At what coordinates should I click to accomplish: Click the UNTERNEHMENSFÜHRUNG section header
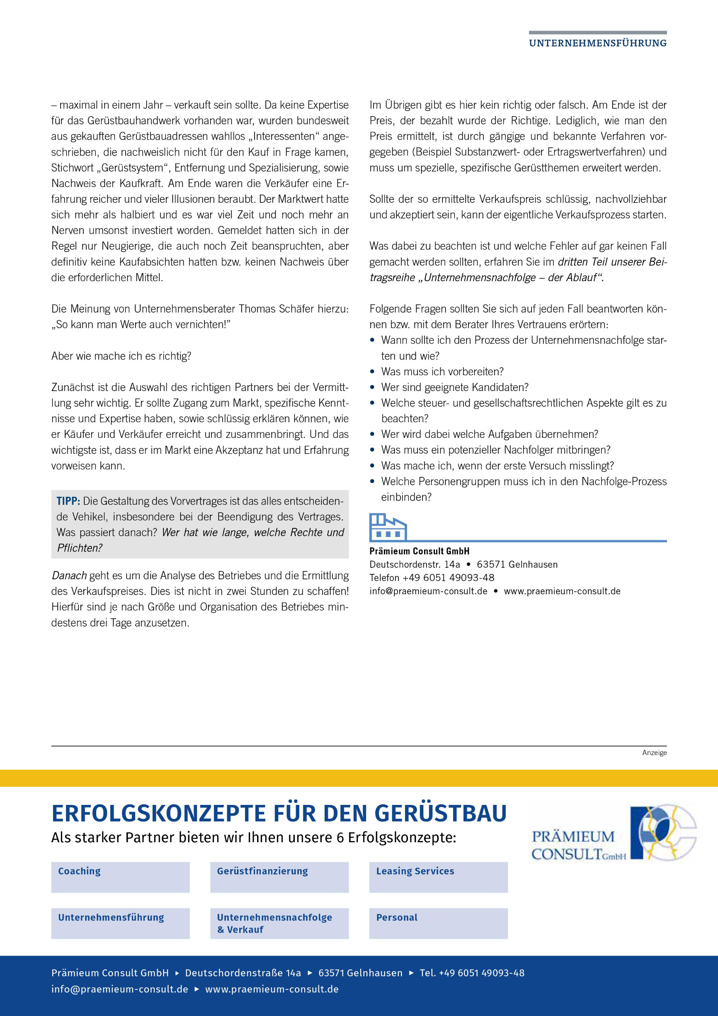597,43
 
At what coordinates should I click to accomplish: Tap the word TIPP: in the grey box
68,501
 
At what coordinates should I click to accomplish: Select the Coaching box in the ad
120,877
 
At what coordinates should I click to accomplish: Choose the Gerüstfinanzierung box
279,877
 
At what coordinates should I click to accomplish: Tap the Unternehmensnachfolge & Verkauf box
279,923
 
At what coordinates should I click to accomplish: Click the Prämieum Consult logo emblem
663,832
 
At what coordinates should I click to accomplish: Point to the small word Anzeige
654,753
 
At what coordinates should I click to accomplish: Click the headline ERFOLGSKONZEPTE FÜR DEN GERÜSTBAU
279,813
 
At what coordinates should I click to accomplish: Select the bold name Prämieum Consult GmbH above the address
420,551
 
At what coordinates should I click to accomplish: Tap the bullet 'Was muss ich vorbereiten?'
442,372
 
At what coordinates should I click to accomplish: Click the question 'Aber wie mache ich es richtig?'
121,356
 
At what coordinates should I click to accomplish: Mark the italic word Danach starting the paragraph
69,575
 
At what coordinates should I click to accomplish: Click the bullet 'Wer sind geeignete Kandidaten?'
454,387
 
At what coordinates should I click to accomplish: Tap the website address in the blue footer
272,989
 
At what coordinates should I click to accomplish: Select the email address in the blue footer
119,989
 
